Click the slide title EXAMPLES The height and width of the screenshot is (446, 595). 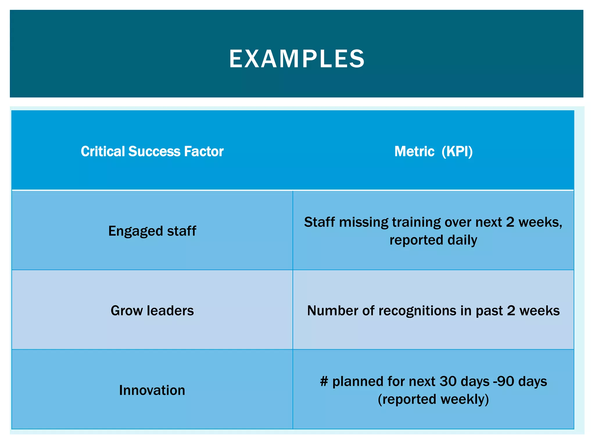pos(297,59)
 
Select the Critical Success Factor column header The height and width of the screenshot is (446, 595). pos(152,151)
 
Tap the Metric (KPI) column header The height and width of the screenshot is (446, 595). pos(433,151)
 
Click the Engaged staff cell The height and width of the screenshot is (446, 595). pos(152,231)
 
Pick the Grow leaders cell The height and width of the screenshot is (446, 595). pos(152,310)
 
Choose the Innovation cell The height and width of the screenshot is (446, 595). pos(152,390)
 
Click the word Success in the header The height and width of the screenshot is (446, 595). pos(154,151)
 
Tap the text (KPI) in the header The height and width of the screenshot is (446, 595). pos(457,151)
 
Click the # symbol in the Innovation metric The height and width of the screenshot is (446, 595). pos(324,381)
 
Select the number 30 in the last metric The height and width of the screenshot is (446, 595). pos(448,381)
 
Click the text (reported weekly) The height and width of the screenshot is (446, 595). pos(433,399)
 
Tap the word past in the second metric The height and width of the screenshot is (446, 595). pos(489,311)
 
